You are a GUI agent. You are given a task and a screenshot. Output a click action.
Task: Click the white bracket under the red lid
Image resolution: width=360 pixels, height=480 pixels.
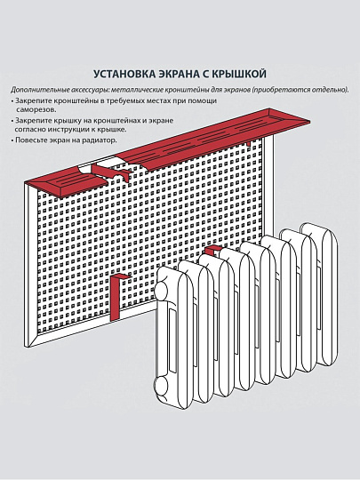point(104,166)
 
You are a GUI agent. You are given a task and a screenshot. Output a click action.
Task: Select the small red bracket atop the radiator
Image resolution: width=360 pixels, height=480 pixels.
point(211,252)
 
